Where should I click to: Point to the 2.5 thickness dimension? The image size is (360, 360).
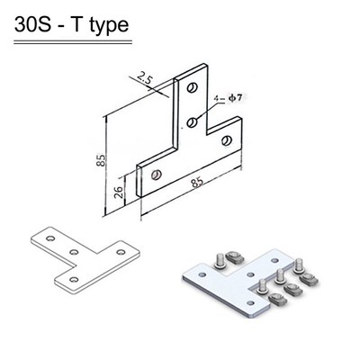(x=146, y=78)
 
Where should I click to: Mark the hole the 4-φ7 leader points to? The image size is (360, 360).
(x=191, y=120)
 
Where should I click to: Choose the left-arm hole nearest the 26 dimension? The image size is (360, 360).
(x=157, y=174)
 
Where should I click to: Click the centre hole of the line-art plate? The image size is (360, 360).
(x=72, y=253)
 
